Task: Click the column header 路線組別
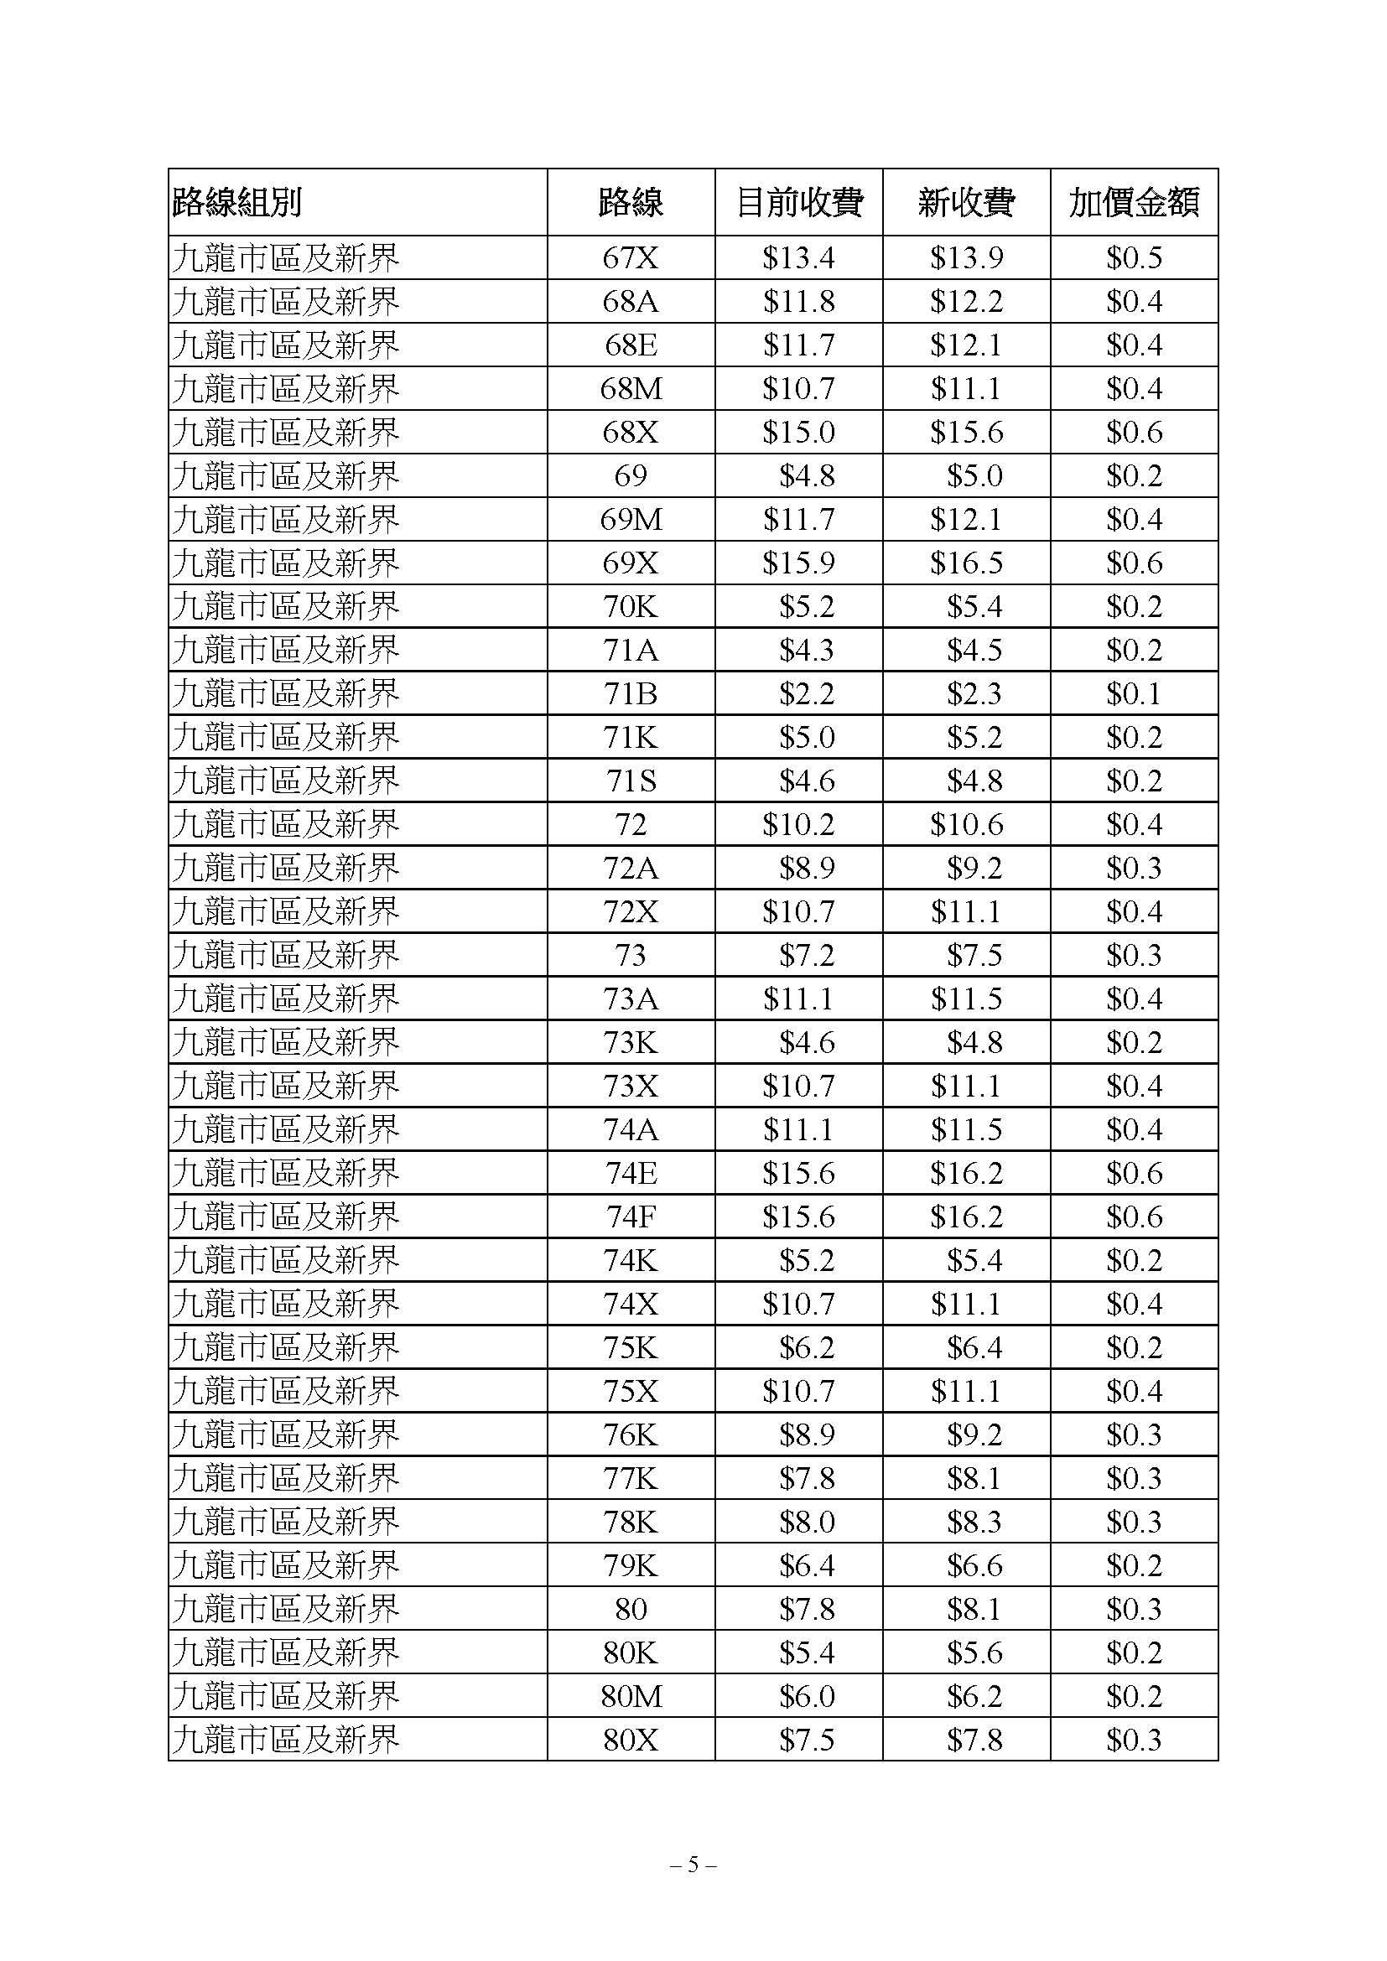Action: pyautogui.click(x=237, y=202)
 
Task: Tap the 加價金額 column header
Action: pyautogui.click(x=1134, y=202)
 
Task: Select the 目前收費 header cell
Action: pyautogui.click(x=798, y=202)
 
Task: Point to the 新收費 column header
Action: pyautogui.click(x=966, y=202)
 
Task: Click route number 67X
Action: pyautogui.click(x=631, y=258)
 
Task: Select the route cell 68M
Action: pyautogui.click(x=631, y=389)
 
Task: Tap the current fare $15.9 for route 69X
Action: pyautogui.click(x=798, y=563)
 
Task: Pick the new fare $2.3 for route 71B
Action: pyautogui.click(x=974, y=693)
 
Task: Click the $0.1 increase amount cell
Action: pyautogui.click(x=1134, y=693)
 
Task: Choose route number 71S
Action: pyautogui.click(x=631, y=781)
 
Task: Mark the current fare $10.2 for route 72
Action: pyautogui.click(x=798, y=824)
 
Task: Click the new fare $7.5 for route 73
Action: pyautogui.click(x=974, y=955)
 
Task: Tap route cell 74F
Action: pyautogui.click(x=631, y=1217)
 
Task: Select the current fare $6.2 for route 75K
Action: pyautogui.click(x=806, y=1347)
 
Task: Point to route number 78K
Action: pyautogui.click(x=631, y=1521)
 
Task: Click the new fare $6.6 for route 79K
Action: pyautogui.click(x=974, y=1564)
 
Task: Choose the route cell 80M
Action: pyautogui.click(x=631, y=1695)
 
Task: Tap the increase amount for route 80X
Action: pyautogui.click(x=1134, y=1739)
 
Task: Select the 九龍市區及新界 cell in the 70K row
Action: pyautogui.click(x=286, y=606)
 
